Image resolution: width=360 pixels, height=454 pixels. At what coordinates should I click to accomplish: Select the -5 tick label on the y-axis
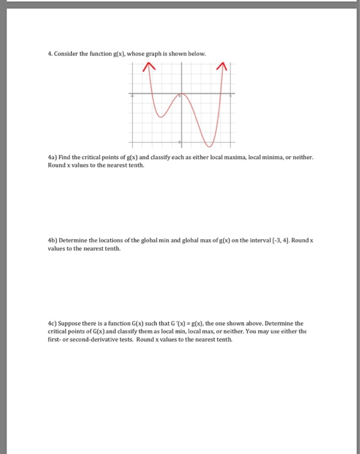(x=180, y=142)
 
